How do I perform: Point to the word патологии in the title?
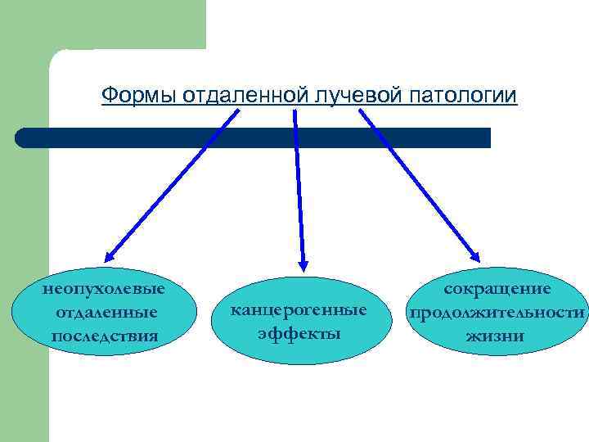click(462, 96)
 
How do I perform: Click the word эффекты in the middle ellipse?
click(299, 333)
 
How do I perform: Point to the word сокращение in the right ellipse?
click(497, 289)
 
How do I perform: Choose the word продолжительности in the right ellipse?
click(497, 312)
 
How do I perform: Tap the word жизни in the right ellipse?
click(497, 336)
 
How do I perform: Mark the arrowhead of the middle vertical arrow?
click(303, 264)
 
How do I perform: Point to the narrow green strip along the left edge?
click(25, 327)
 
